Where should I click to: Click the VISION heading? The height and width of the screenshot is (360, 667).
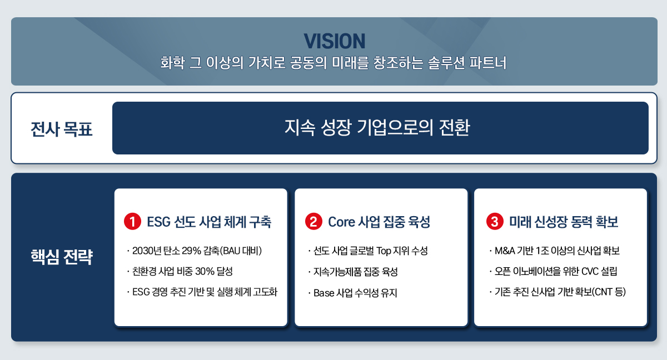[x=334, y=41]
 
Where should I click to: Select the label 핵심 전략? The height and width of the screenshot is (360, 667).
[x=61, y=258]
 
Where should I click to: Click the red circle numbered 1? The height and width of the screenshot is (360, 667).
[x=132, y=222]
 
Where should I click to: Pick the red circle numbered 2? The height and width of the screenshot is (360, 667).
[x=313, y=222]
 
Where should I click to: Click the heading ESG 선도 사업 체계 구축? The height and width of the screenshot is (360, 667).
[x=209, y=222]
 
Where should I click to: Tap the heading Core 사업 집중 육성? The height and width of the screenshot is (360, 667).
[x=379, y=222]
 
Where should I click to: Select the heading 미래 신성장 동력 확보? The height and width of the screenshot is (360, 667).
[x=564, y=222]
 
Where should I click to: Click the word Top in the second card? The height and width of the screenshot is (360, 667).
[x=385, y=251]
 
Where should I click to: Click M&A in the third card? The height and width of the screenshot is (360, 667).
[x=505, y=251]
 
